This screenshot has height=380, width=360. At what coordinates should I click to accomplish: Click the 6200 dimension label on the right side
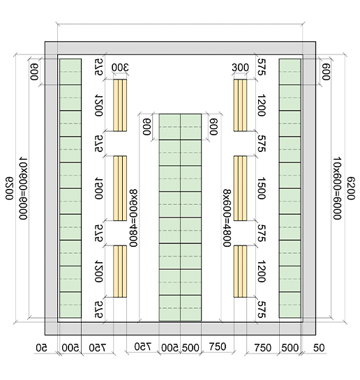coord(351,188)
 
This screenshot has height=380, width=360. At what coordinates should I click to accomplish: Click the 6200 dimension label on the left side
coord(9,188)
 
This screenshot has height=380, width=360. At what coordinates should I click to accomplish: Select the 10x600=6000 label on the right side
coord(337,188)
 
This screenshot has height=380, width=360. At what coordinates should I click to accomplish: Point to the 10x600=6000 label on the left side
coord(23,188)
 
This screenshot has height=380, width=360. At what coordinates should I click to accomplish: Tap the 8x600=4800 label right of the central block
coord(227,218)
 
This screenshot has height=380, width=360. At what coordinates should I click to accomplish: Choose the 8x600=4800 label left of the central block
coord(133,218)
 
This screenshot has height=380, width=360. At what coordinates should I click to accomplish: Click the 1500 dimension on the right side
coord(261,188)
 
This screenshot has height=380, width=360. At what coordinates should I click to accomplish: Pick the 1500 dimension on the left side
coord(99,188)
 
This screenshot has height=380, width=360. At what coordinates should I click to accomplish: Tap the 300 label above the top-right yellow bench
coord(240,68)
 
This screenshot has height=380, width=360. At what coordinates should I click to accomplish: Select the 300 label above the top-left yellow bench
coord(120,68)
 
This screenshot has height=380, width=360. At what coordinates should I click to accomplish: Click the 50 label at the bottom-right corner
coord(319,348)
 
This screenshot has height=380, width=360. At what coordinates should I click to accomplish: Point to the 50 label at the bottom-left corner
coord(41,348)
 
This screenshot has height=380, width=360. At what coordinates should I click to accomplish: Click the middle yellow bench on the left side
coord(120,188)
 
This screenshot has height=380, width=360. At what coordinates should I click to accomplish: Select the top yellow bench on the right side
coord(240,105)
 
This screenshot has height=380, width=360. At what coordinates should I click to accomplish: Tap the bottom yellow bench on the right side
coord(240,271)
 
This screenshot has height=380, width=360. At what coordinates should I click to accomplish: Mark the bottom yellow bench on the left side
coord(120,271)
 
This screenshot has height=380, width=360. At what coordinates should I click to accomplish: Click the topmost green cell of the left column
coord(70,72)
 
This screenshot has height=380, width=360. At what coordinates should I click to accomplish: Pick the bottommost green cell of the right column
coord(290,305)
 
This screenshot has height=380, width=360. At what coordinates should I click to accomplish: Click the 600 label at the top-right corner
coord(326,72)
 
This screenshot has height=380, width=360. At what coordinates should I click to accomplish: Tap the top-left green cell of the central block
coord(170,127)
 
